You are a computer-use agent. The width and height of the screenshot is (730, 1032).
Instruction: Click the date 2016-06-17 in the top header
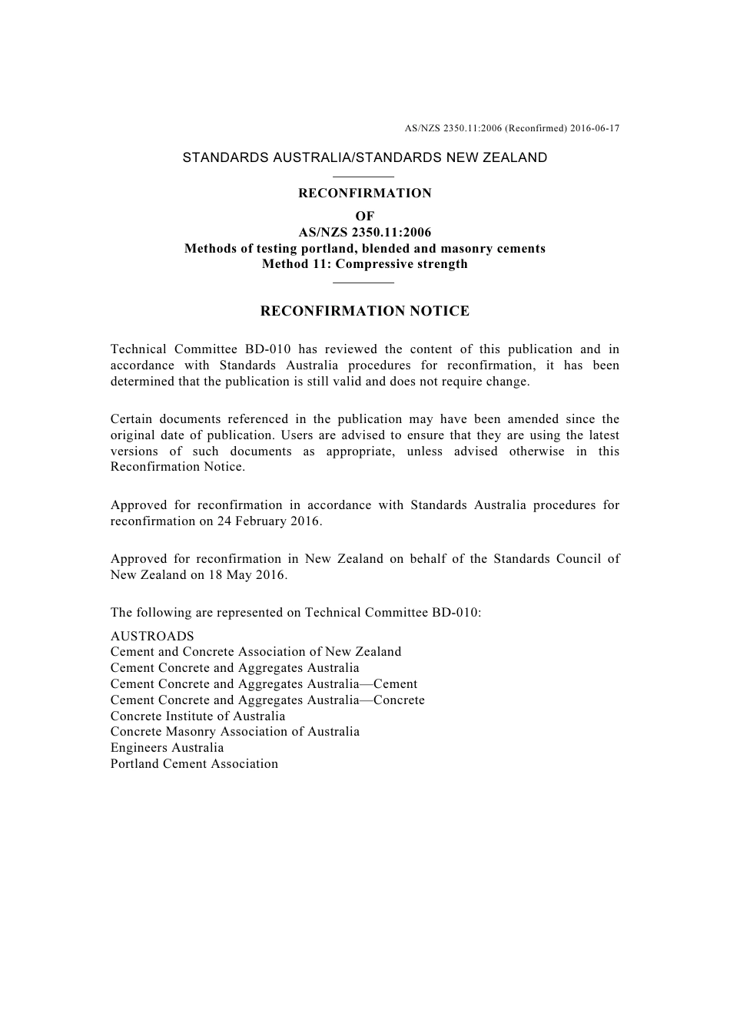pos(595,128)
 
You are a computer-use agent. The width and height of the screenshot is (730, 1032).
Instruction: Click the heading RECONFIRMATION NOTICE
pos(365,311)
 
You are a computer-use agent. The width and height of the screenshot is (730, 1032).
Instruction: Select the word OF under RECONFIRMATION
pos(365,217)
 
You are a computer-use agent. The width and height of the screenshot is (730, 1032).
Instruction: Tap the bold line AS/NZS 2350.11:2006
pos(365,233)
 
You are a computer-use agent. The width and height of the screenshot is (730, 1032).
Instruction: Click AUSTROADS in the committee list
pos(152,637)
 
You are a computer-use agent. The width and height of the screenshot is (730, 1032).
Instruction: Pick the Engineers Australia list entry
pos(167,748)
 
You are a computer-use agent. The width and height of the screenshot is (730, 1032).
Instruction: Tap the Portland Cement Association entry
pos(194,764)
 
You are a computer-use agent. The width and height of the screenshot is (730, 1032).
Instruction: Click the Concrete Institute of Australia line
pos(197,716)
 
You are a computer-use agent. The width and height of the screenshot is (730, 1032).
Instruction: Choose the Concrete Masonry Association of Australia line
pos(234,732)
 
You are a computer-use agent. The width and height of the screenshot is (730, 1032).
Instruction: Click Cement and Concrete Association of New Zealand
pos(255,652)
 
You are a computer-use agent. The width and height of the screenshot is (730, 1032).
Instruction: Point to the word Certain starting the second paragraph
pos(131,419)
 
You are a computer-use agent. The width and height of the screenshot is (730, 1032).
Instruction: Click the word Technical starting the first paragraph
pos(138,349)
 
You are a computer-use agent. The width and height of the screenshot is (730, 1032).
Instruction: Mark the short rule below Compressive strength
pos(364,283)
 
